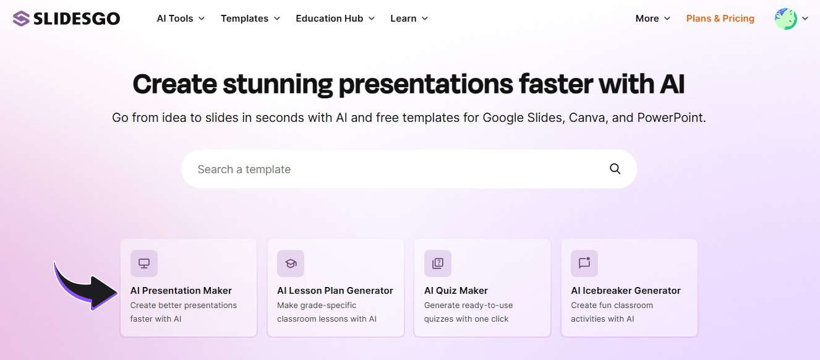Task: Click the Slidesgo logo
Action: [x=66, y=19]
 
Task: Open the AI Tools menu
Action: [x=181, y=19]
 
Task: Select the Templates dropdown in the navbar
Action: [x=250, y=19]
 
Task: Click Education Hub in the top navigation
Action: [x=335, y=19]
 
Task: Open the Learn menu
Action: [x=409, y=19]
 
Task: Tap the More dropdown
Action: [x=652, y=19]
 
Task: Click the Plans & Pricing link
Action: [x=720, y=19]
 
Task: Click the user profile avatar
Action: [x=785, y=19]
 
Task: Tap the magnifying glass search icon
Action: [x=615, y=169]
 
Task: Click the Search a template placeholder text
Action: [x=244, y=169]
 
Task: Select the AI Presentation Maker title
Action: [x=181, y=291]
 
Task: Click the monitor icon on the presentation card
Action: [x=144, y=264]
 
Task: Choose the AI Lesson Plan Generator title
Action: [x=335, y=291]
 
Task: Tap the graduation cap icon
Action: [x=291, y=264]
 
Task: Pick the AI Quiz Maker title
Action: [x=456, y=291]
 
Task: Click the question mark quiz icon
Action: [x=438, y=264]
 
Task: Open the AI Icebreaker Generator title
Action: [x=626, y=291]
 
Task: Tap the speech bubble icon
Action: [x=584, y=264]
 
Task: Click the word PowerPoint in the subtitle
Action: [x=670, y=118]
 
